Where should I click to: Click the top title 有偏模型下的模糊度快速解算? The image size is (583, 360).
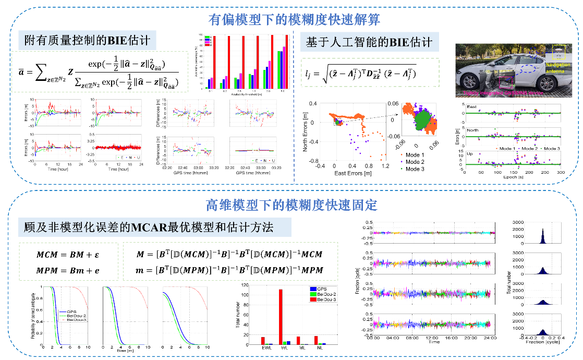294,20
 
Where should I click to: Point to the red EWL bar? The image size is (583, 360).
263,341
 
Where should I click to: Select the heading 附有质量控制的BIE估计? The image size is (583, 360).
87,40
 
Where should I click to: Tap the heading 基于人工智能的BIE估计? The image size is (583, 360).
369,42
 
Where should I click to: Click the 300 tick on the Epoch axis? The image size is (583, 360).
561,171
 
